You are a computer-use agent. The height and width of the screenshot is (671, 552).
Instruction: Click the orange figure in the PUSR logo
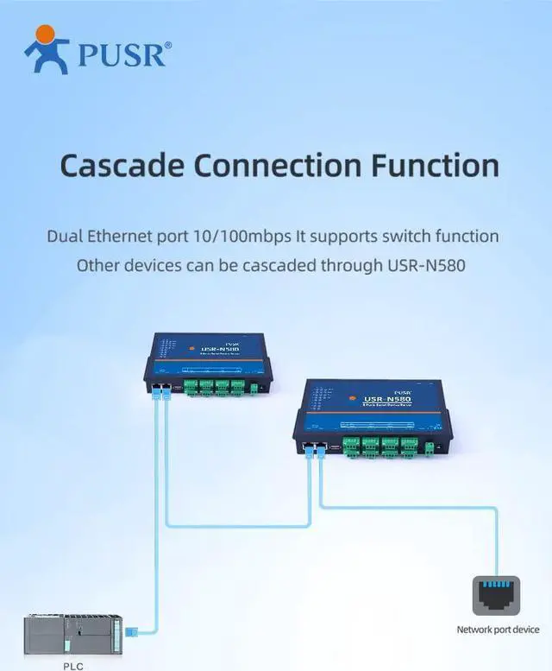tap(47, 49)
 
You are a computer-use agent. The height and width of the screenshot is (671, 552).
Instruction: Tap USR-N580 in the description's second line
tap(424, 265)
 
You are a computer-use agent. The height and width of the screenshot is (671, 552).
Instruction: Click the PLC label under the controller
tap(73, 666)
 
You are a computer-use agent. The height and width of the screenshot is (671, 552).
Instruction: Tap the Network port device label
tap(498, 630)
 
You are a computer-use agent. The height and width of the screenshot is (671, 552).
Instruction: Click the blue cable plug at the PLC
tap(131, 633)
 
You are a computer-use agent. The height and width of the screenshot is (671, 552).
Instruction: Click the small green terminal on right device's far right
tap(430, 447)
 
